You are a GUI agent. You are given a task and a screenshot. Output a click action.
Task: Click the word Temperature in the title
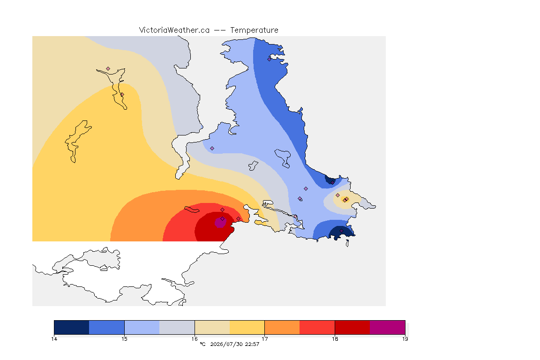click(254, 30)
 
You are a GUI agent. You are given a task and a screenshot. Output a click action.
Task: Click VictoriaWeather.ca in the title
click(174, 30)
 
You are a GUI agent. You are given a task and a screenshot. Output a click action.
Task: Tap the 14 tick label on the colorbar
click(54, 339)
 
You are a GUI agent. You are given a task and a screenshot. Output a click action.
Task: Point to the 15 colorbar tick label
click(124, 339)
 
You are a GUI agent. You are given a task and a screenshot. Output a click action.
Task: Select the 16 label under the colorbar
click(195, 339)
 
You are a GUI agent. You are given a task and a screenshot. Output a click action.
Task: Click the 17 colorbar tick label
click(264, 339)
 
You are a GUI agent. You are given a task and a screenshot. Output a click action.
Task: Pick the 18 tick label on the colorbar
click(335, 339)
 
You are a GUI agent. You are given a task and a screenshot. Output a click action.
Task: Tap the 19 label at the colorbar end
click(405, 339)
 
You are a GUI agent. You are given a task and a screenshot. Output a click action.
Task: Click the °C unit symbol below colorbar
click(203, 344)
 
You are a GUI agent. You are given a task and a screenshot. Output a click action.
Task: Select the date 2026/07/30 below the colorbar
click(226, 344)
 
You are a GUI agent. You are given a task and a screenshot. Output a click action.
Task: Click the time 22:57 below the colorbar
click(252, 344)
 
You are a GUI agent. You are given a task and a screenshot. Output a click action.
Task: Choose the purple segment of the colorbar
click(388, 327)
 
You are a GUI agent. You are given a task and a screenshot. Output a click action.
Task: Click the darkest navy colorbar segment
click(72, 327)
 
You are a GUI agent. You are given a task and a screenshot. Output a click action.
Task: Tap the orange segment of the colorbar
click(282, 327)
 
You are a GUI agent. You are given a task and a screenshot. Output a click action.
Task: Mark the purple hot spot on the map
click(220, 223)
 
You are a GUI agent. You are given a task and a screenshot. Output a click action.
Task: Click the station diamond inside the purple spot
click(223, 219)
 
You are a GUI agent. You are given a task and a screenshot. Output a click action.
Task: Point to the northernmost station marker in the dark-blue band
click(270, 59)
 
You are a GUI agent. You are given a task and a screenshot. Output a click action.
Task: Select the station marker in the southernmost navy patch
click(341, 231)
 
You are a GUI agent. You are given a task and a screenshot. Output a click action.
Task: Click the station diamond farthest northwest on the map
click(108, 69)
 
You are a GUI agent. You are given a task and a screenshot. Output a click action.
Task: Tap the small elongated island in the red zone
click(192, 210)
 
